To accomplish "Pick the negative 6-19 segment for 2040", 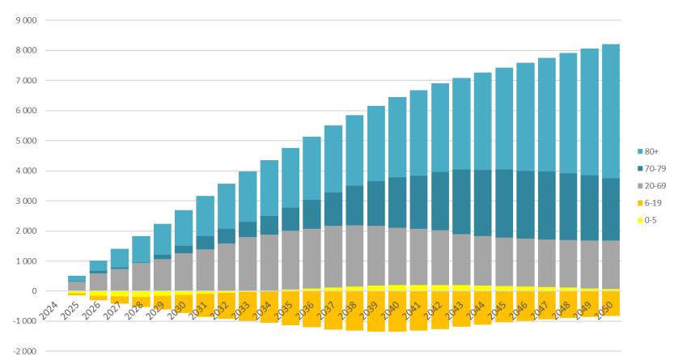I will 397,311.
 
